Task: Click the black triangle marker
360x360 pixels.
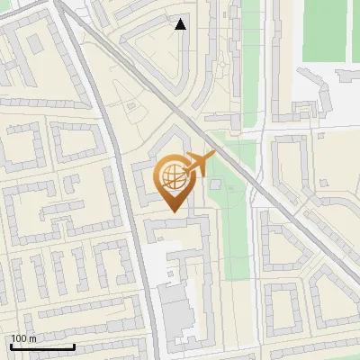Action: (x=181, y=24)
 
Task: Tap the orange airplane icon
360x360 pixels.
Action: (x=196, y=165)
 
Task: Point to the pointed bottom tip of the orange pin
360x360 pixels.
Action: (x=175, y=212)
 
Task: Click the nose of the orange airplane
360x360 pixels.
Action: (x=213, y=155)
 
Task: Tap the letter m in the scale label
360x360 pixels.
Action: (x=33, y=338)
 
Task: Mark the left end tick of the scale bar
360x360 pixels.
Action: (x=11, y=346)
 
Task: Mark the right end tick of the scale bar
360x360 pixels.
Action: (x=74, y=346)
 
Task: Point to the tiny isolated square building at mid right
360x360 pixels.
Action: (x=320, y=136)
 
